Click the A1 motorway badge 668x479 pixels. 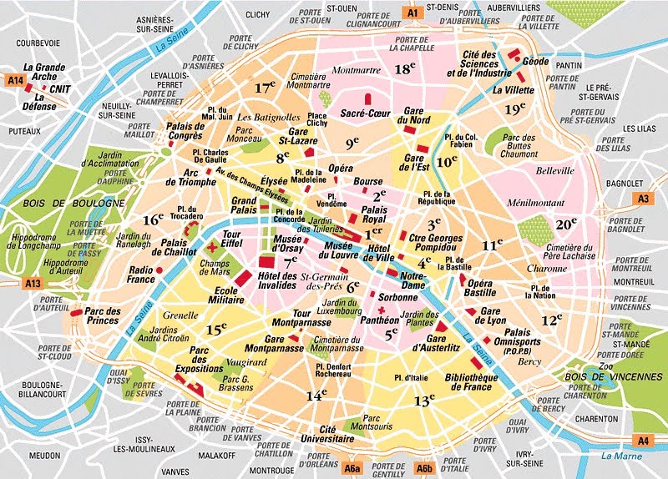pyautogui.click(x=412, y=12)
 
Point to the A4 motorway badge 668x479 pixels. pyautogui.click(x=642, y=440)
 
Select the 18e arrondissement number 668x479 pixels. pyautogui.click(x=406, y=69)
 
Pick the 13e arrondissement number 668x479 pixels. pyautogui.click(x=425, y=401)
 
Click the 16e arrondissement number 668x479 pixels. pyautogui.click(x=153, y=220)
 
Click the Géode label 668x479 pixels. pyautogui.click(x=535, y=62)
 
